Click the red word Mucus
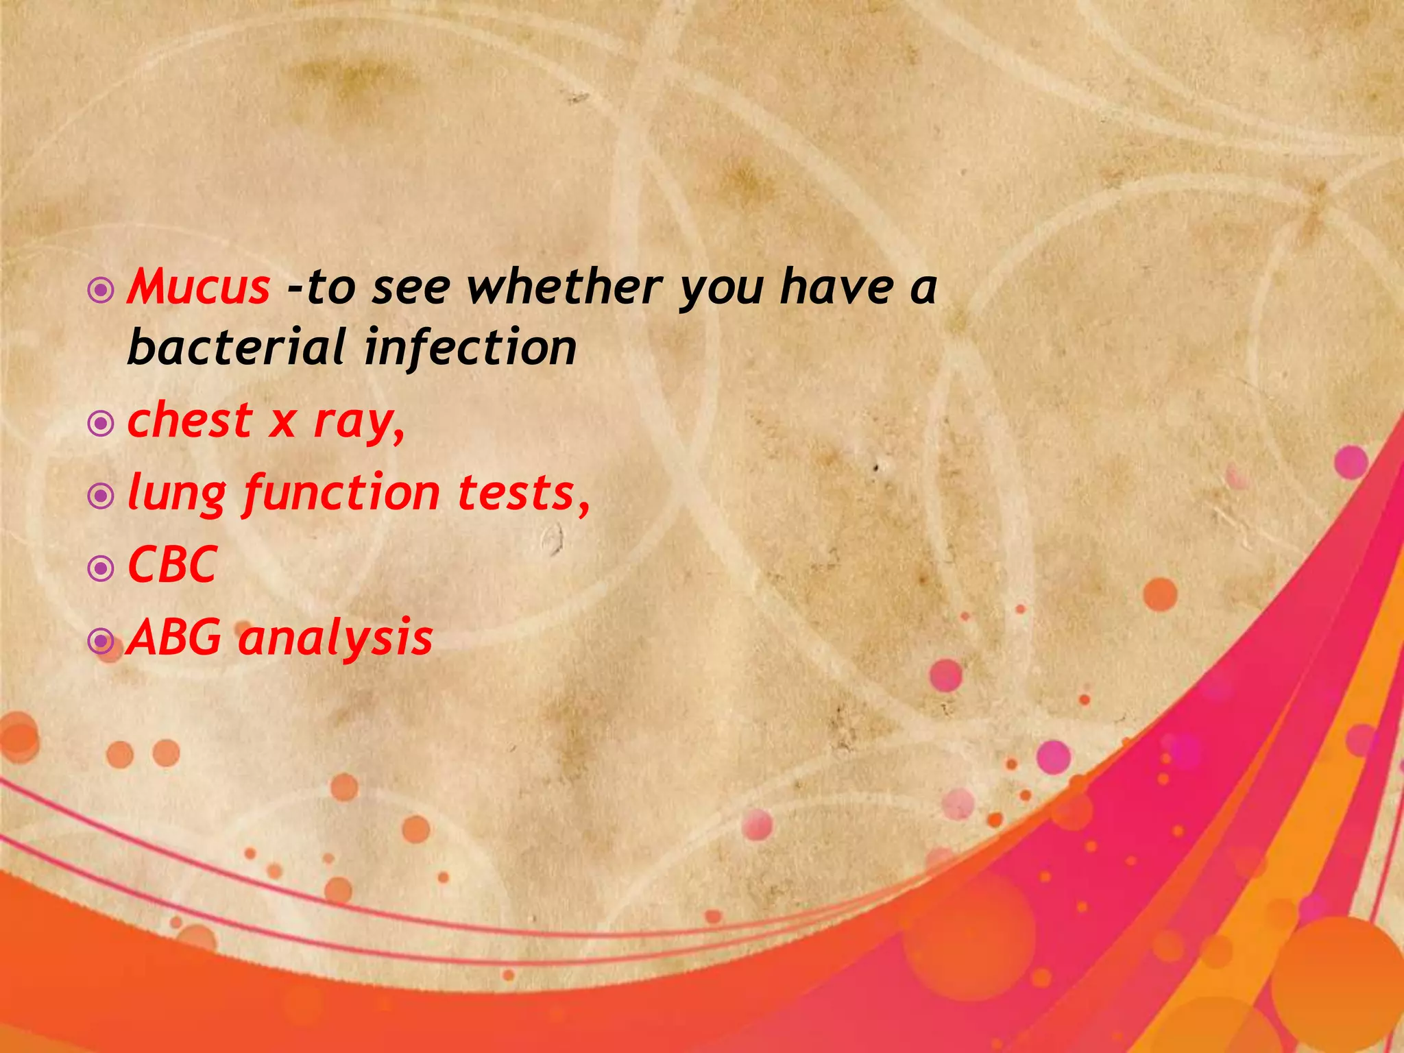pyautogui.click(x=199, y=287)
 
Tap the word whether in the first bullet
pyautogui.click(x=564, y=287)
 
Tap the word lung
pyautogui.click(x=177, y=494)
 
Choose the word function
pyautogui.click(x=341, y=494)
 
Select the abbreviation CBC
pyautogui.click(x=172, y=565)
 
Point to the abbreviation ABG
pyautogui.click(x=175, y=638)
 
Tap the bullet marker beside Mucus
pyautogui.click(x=101, y=291)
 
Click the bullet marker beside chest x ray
pyautogui.click(x=101, y=424)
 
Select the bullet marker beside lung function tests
pyautogui.click(x=101, y=496)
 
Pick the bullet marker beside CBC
pyautogui.click(x=101, y=568)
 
